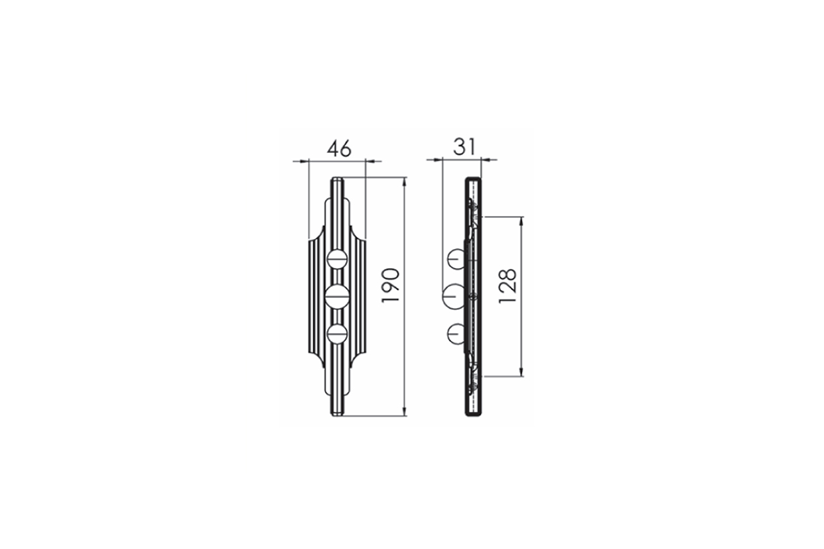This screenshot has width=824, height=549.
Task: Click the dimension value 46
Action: pyautogui.click(x=339, y=148)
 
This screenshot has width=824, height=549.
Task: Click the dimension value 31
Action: pyautogui.click(x=464, y=147)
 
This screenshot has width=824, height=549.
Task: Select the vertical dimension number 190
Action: pyautogui.click(x=390, y=285)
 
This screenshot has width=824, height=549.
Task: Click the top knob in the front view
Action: pyautogui.click(x=337, y=260)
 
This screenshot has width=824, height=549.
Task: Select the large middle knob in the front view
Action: pyautogui.click(x=337, y=297)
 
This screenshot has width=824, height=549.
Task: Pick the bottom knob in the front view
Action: pyautogui.click(x=337, y=334)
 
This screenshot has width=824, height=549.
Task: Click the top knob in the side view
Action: pyautogui.click(x=456, y=260)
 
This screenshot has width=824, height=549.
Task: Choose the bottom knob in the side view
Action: pyautogui.click(x=456, y=334)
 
